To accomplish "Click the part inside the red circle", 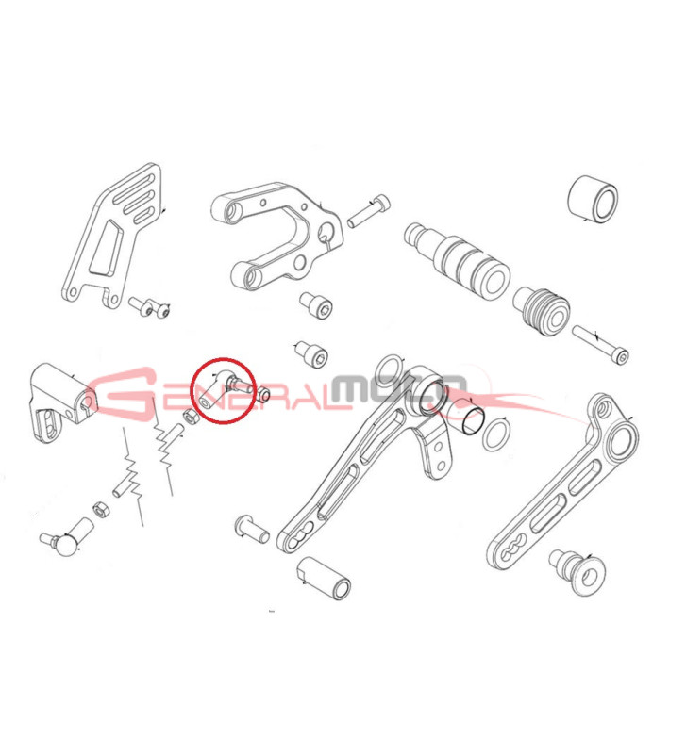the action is tap(225, 388).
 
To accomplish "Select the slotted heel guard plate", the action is tap(112, 236).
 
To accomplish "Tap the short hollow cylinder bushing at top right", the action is tap(594, 200).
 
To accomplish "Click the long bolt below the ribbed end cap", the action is tap(600, 344).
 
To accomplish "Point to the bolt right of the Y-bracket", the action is tap(369, 211).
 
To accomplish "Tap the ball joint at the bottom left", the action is tap(66, 537).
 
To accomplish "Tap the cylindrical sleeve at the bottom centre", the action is tap(324, 578).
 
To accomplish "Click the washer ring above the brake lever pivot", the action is tap(389, 371).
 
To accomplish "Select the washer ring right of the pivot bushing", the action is tap(497, 434).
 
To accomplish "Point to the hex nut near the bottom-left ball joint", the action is tap(100, 509).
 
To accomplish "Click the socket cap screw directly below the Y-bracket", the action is tap(316, 303).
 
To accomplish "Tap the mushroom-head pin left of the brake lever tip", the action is tap(251, 529).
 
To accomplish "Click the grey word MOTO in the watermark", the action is tap(399, 389).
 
